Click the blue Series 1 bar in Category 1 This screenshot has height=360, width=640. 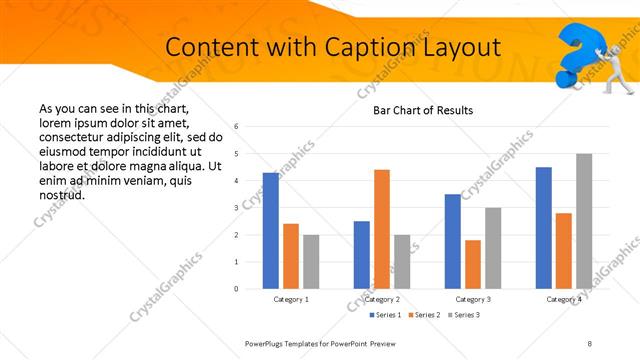[270, 231]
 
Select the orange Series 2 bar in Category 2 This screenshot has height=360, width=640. [382, 229]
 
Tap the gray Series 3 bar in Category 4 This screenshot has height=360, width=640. [584, 221]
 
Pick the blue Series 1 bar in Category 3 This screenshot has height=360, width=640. [453, 241]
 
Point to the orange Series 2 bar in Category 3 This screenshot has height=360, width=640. [473, 264]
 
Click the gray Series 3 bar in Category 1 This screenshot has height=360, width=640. [311, 262]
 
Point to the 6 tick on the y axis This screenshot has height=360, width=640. [236, 127]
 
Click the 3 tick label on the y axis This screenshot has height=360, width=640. [236, 208]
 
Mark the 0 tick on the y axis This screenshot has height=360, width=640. [236, 289]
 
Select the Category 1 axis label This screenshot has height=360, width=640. [291, 299]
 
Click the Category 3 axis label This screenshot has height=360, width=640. [473, 299]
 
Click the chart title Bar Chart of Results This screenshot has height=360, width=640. [423, 110]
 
